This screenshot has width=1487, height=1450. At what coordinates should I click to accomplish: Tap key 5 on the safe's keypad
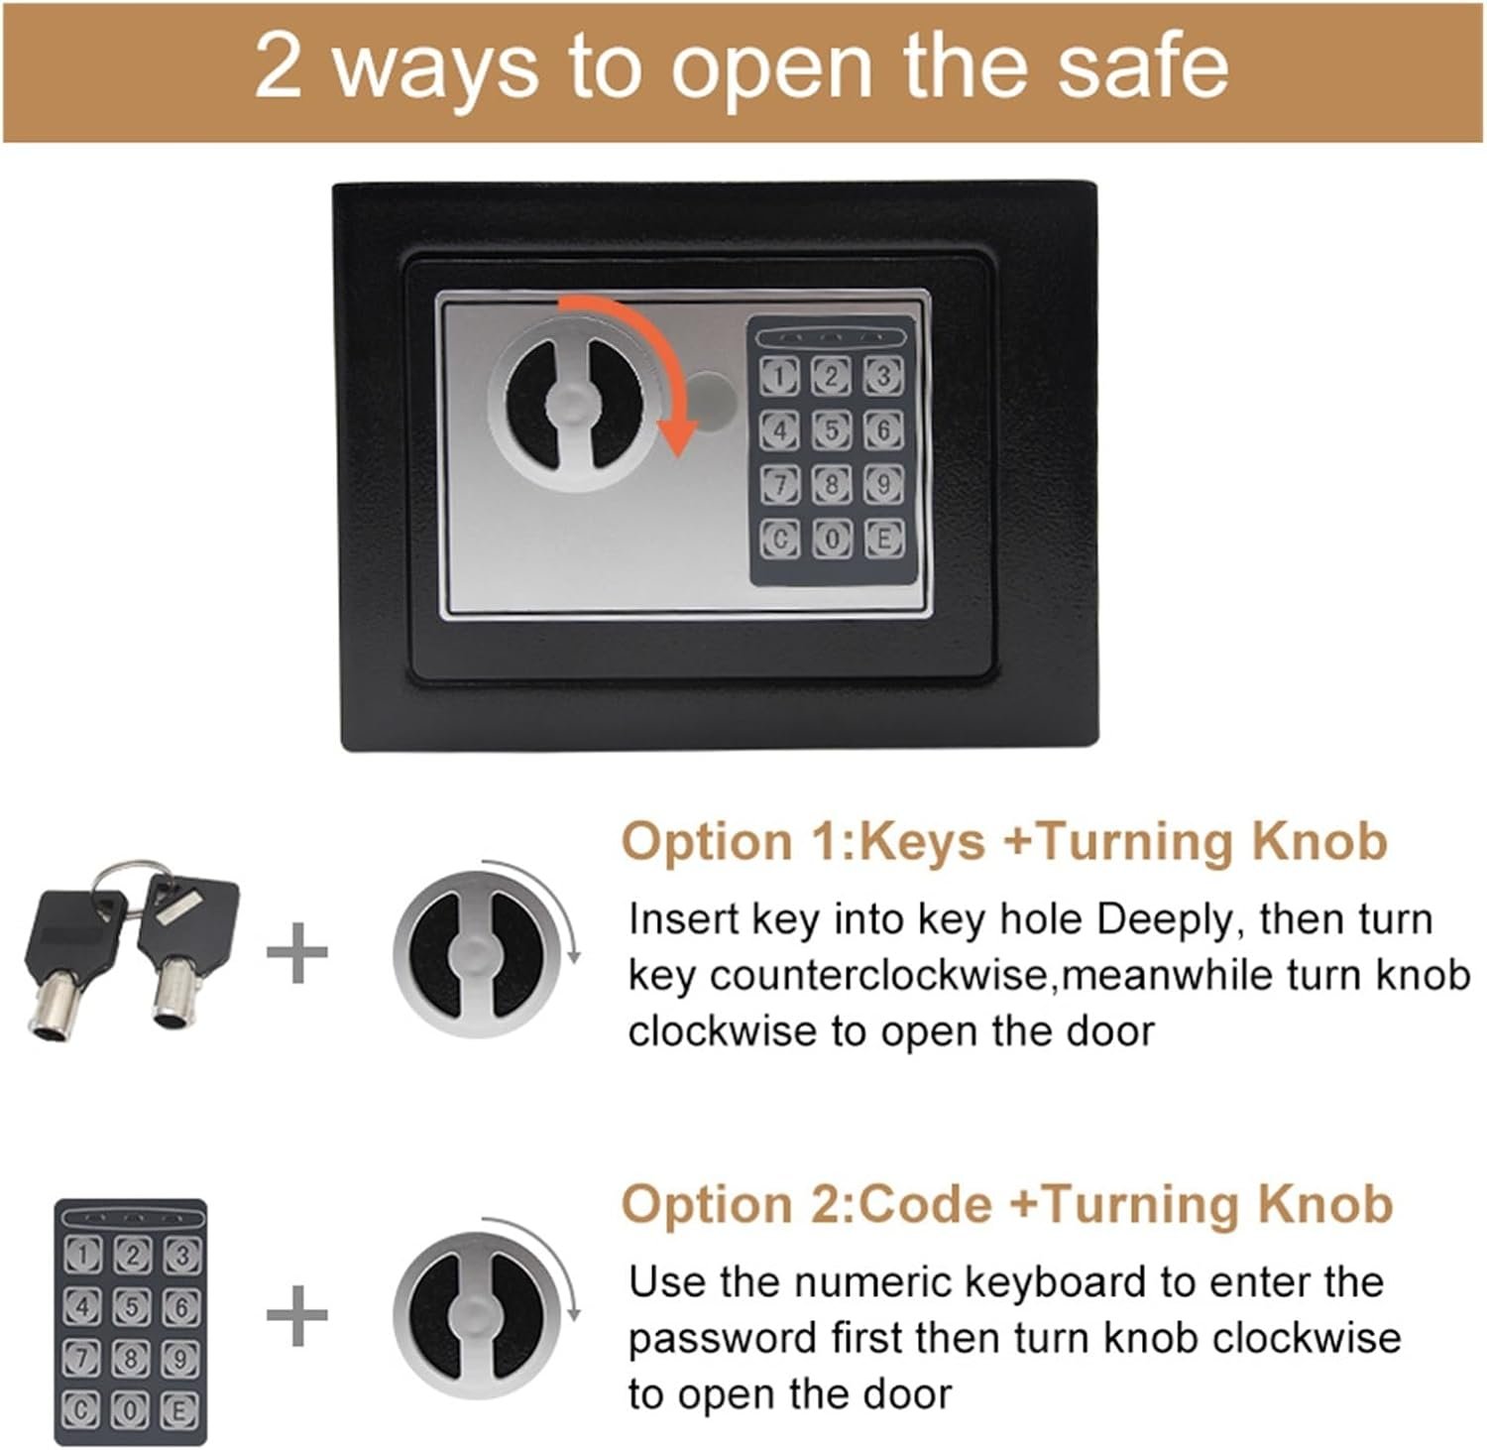(832, 429)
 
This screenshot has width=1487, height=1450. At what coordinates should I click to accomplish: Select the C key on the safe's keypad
(779, 539)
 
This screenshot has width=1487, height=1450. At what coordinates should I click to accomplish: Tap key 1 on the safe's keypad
(779, 376)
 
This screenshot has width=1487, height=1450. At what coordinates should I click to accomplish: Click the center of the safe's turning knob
(569, 405)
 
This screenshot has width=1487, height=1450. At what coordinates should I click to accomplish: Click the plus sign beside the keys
(297, 953)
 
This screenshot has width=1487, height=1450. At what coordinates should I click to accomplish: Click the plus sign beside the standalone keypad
(297, 1315)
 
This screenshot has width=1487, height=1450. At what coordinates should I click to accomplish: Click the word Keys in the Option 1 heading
(921, 842)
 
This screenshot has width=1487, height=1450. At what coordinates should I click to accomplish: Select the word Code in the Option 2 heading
(924, 1204)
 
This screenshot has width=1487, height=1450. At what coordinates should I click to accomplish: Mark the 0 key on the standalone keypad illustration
(132, 1408)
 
